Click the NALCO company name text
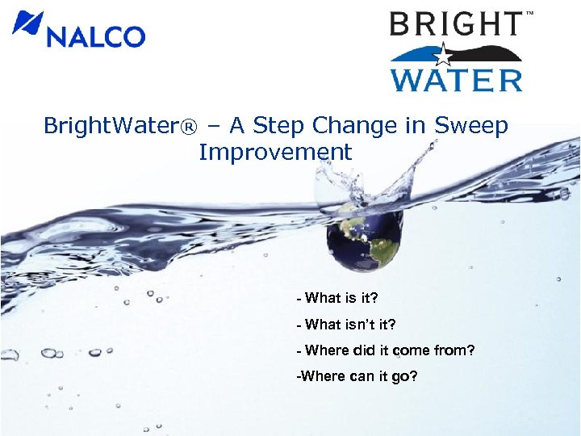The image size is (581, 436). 95,36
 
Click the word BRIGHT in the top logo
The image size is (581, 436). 456,24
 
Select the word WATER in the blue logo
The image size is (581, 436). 456,80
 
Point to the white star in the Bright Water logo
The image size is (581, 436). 442,56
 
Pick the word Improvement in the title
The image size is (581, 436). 275,152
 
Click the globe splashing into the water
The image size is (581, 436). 363,234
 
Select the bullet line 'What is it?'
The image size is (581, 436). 337,298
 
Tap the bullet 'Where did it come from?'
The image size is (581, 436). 386,350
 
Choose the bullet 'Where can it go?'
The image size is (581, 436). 357,375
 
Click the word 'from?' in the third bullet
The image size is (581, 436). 456,350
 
